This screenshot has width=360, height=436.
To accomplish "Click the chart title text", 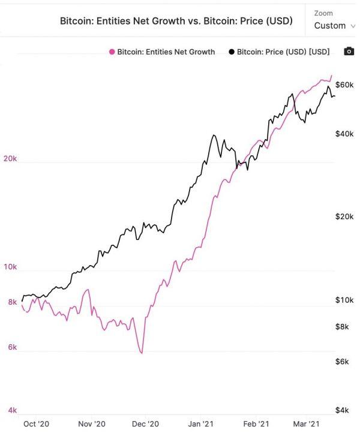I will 176,21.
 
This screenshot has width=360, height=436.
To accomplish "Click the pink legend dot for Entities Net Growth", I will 112,52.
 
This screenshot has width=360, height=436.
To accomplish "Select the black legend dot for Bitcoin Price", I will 231,52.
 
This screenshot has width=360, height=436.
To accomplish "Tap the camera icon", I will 349,52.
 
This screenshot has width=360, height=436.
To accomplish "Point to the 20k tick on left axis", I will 10,160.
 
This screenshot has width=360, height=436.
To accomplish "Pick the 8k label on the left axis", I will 12,302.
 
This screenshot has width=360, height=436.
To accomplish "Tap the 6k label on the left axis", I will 12,348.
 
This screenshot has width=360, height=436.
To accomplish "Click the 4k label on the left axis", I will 12,411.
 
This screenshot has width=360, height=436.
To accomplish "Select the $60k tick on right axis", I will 344,84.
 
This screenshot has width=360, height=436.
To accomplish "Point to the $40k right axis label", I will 344,134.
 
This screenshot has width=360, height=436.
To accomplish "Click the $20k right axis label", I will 344,217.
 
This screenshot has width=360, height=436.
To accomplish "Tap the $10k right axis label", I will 344,300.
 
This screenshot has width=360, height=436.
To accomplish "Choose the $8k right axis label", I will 342,327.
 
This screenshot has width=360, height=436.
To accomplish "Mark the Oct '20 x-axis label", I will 36,423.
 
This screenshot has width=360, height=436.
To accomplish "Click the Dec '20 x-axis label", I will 146,423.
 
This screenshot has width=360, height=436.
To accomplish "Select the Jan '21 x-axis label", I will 201,423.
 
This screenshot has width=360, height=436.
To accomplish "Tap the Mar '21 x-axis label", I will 305,423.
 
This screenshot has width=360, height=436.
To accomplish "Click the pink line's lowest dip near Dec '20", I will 142,353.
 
